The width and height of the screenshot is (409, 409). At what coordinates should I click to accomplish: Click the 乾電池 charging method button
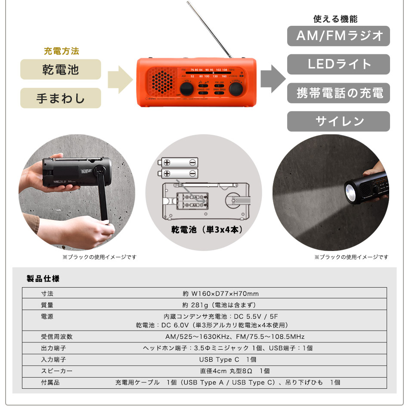pos(60,69)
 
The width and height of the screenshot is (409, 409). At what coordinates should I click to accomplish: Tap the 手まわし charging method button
pos(60,98)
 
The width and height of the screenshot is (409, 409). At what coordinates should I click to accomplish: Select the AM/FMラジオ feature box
pos(338,36)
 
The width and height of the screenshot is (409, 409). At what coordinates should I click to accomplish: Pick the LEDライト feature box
pos(338,65)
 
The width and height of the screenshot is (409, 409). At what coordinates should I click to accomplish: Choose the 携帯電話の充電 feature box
pos(338,93)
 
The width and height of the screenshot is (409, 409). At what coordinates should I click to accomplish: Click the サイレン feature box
pos(338,121)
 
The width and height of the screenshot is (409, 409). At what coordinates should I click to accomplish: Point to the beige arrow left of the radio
pos(119,80)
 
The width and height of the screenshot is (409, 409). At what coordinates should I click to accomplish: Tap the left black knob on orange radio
pos(186,89)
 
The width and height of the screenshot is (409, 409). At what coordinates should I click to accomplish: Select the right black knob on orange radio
pos(236,89)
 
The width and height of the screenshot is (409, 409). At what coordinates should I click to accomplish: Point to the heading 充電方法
pos(61,51)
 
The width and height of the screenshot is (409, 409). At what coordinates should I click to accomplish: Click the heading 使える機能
pos(335,19)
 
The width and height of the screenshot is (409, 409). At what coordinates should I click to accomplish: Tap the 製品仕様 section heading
pos(43,279)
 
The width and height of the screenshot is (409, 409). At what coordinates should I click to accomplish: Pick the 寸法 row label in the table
pos(47,294)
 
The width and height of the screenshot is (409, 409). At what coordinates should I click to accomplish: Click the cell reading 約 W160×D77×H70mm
pos(220,294)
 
